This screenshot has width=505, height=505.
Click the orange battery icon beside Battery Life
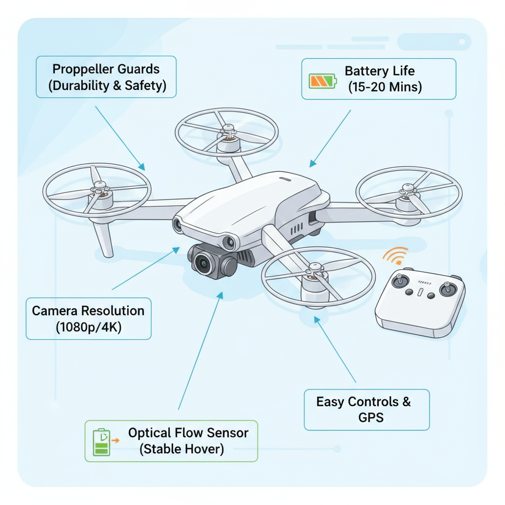(x=322, y=81)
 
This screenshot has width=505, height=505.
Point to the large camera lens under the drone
(x=203, y=264)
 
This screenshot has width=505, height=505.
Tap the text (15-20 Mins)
(x=385, y=87)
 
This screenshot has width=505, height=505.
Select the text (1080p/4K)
(x=88, y=326)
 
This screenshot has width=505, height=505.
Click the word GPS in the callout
(x=370, y=417)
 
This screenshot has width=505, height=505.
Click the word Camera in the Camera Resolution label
(x=55, y=311)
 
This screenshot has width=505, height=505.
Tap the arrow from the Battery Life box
(x=330, y=138)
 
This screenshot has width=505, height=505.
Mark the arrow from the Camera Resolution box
(x=146, y=269)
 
